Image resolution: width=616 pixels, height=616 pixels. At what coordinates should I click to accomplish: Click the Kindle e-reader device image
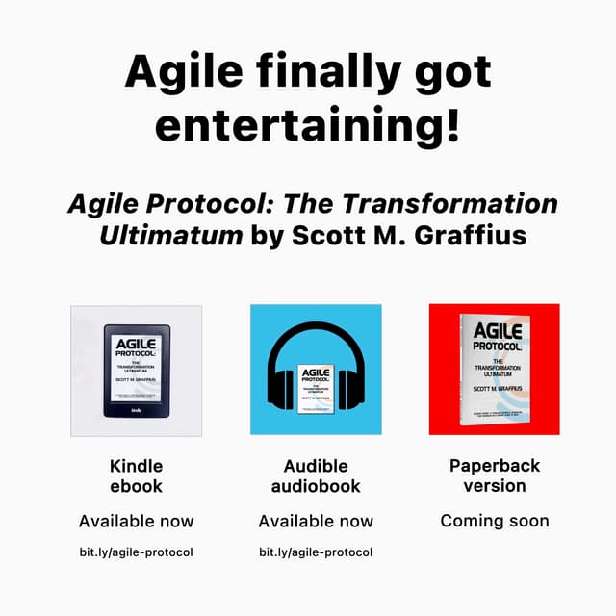[x=137, y=369]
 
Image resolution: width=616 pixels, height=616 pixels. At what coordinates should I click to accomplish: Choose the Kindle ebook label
[x=136, y=475]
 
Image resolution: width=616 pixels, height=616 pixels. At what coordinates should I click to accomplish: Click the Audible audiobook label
[x=315, y=475]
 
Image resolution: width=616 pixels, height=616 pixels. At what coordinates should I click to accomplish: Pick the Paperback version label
[x=495, y=475]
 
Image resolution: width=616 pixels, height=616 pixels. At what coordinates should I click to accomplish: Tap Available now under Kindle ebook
[x=136, y=521]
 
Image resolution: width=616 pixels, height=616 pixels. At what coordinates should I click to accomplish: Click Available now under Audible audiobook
[x=315, y=521]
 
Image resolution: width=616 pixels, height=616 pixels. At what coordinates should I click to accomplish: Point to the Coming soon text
[x=495, y=521]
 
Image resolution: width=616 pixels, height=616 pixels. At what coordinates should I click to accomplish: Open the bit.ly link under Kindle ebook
[x=136, y=552]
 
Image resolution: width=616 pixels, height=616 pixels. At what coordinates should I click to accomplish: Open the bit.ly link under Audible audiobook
[x=315, y=552]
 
